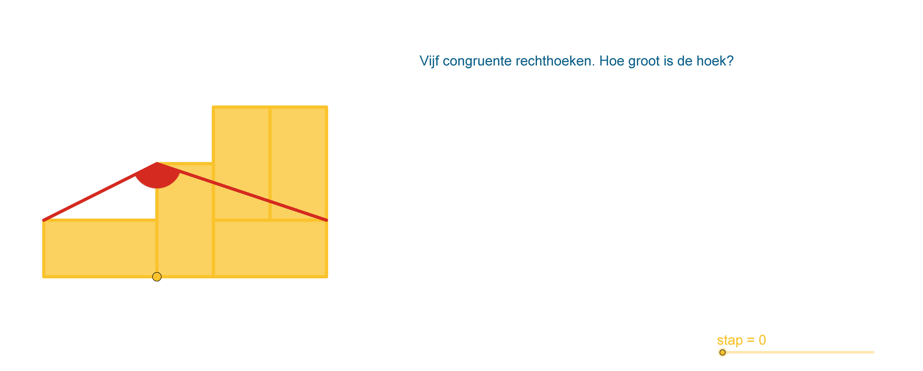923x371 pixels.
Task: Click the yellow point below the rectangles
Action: [157, 277]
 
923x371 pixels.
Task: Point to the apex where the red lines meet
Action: [157, 163]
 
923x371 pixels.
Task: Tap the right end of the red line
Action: [326, 220]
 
